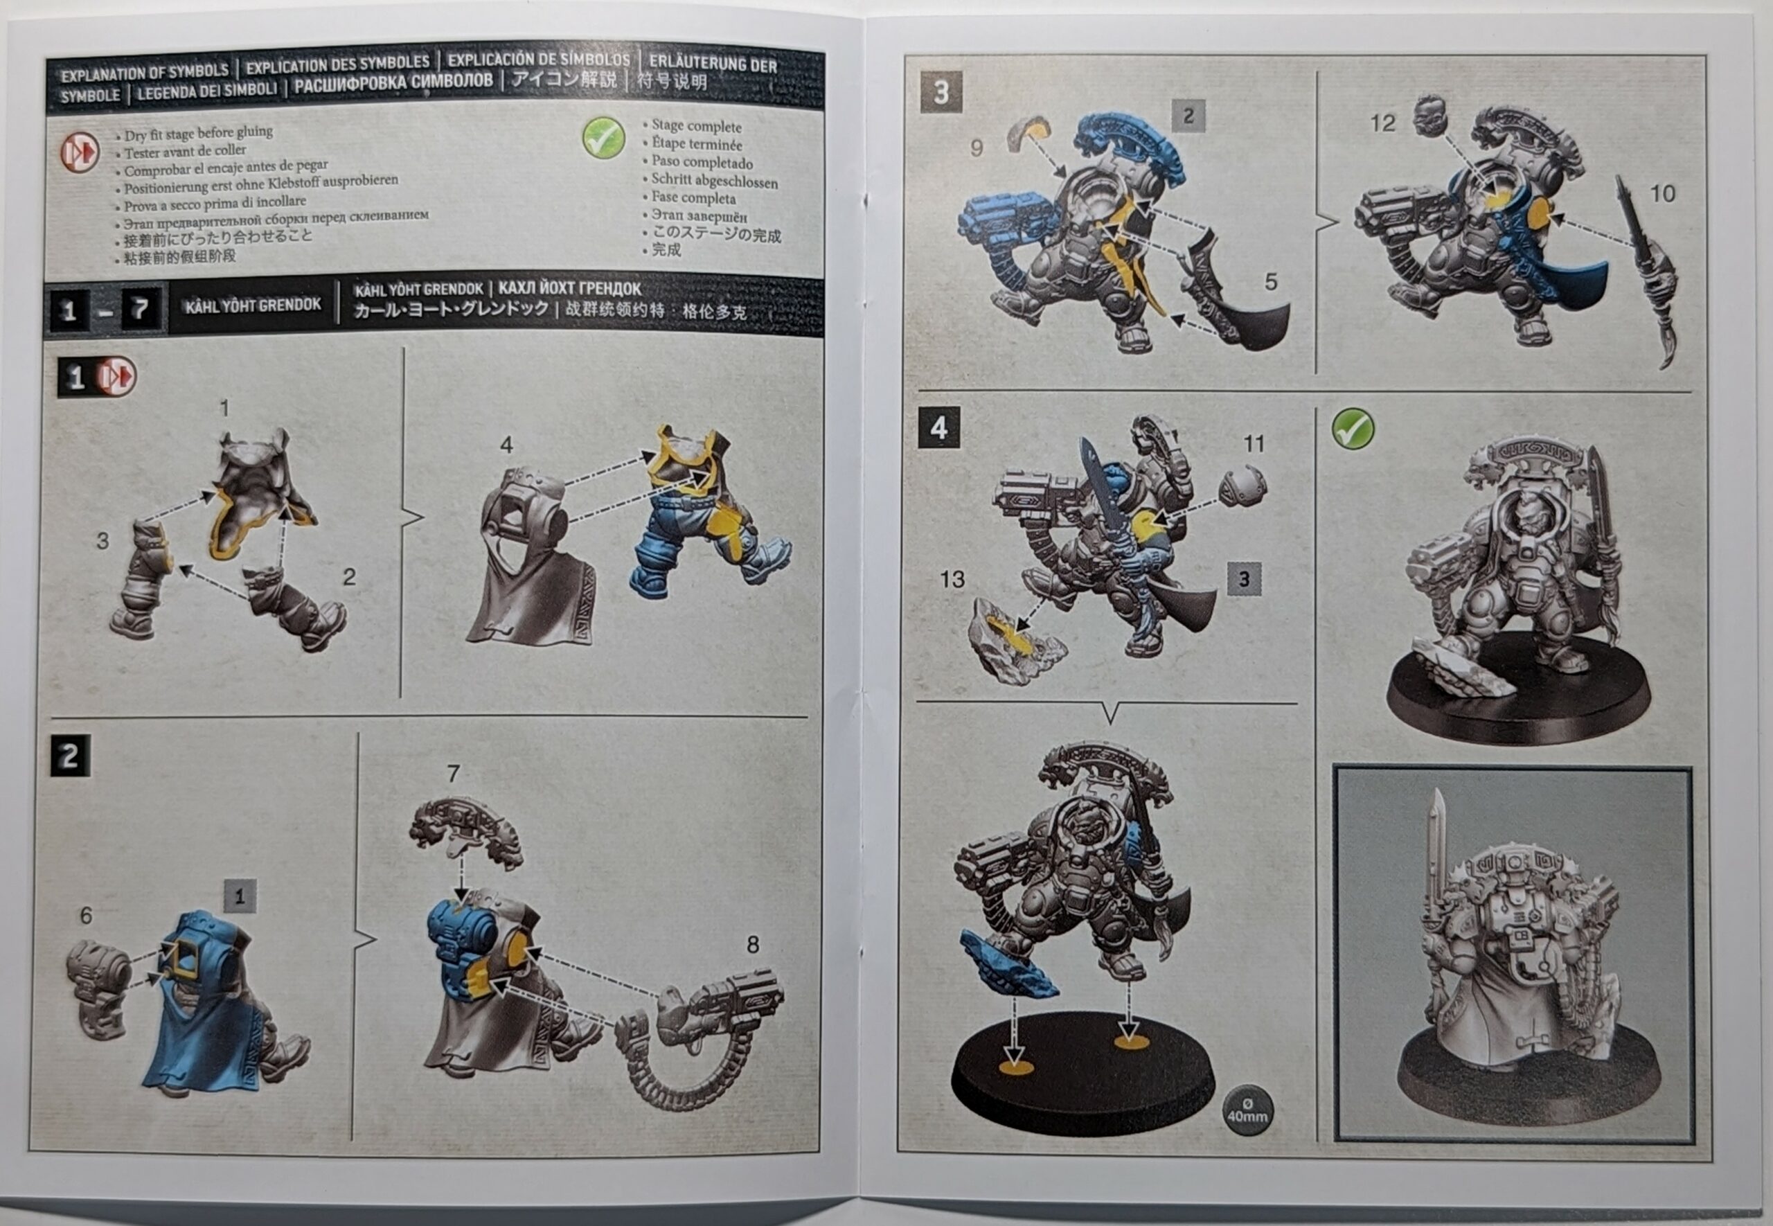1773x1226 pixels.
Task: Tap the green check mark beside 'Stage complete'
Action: [x=603, y=139]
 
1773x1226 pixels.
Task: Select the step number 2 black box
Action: [x=70, y=756]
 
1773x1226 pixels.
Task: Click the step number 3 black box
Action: [x=941, y=93]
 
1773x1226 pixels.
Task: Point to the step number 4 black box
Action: [x=938, y=427]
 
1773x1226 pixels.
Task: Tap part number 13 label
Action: [x=952, y=579]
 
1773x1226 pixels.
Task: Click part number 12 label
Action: [x=1382, y=123]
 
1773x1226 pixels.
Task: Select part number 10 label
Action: [x=1662, y=193]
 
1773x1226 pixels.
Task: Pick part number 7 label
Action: [x=453, y=773]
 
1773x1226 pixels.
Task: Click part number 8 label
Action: [x=753, y=944]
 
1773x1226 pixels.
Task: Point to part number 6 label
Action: [x=86, y=915]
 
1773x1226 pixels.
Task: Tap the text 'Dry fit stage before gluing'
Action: [x=198, y=133]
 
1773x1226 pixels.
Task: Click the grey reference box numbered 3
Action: [x=1244, y=578]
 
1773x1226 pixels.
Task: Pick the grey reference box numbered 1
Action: [x=240, y=896]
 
